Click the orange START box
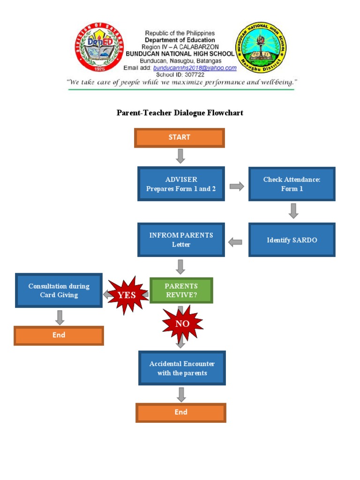[x=180, y=137]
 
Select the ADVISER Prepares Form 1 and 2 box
[x=181, y=184]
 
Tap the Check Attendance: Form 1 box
[x=292, y=184]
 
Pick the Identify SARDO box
[x=292, y=240]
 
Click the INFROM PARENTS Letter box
[x=181, y=240]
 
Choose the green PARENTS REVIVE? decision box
[x=181, y=290]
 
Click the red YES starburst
[x=127, y=295]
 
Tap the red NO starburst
[x=182, y=324]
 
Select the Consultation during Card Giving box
[x=59, y=291]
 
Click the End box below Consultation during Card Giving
[x=59, y=336]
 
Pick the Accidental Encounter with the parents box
[x=182, y=368]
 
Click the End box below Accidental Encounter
[x=181, y=412]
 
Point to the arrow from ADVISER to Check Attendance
[x=237, y=187]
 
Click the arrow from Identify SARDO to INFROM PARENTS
[x=235, y=242]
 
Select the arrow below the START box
[x=180, y=156]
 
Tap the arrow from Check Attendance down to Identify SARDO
[x=293, y=211]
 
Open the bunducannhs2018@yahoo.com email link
[x=196, y=68]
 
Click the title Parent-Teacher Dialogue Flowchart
[x=180, y=113]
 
